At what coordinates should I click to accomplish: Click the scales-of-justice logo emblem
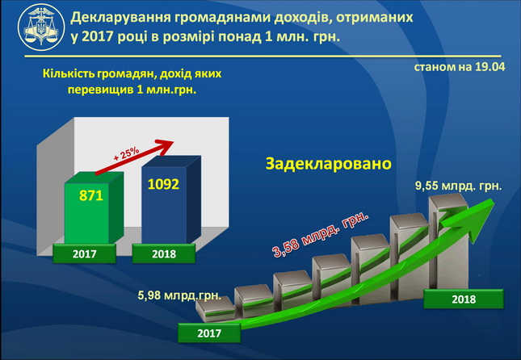41,27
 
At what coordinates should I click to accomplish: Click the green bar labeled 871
94,207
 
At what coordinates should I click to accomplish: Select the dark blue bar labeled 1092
171,199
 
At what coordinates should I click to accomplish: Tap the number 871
91,195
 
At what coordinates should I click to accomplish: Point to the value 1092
163,184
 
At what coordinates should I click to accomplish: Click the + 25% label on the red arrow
126,154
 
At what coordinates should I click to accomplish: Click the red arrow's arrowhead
164,146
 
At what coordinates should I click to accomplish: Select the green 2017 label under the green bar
84,253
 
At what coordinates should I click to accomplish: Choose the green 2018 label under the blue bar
164,253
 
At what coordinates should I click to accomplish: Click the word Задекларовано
329,164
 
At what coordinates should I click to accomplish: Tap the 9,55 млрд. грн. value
459,186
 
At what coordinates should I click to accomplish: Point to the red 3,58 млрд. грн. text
321,234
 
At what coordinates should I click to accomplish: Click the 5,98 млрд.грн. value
179,295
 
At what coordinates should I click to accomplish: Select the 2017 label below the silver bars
209,333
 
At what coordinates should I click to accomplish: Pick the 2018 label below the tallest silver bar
464,299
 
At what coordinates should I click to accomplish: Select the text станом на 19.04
460,67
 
